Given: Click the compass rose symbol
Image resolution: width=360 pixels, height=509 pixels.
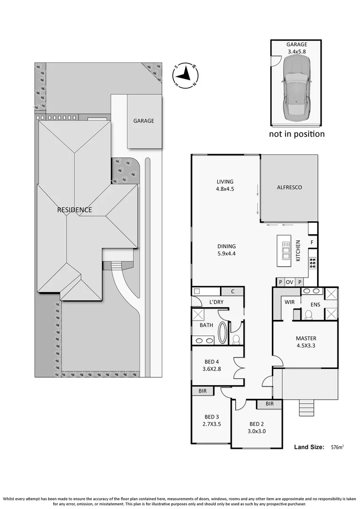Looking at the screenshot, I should [186, 75].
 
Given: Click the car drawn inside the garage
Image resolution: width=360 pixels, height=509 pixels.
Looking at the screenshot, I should [296, 85].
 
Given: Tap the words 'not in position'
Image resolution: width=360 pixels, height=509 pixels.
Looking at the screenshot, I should [296, 134].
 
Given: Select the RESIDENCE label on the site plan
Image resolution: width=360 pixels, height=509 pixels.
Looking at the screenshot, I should [74, 210].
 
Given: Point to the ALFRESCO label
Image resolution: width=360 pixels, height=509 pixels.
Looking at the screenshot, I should [289, 187].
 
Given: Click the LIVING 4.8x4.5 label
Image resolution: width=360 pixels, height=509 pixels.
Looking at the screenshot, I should [225, 185].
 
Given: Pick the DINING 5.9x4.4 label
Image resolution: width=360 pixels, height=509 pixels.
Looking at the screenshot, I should [226, 250].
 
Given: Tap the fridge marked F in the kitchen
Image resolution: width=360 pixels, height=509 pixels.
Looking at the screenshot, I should [312, 243].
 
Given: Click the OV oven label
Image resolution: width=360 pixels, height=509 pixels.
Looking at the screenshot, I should [290, 282].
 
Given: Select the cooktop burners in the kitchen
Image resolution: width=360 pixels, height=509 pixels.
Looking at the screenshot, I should [312, 263].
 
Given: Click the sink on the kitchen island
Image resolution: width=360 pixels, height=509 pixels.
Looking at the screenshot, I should [286, 250].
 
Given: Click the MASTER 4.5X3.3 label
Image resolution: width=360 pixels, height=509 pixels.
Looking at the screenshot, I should [306, 342].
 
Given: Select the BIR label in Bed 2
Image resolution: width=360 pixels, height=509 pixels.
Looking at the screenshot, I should [269, 404].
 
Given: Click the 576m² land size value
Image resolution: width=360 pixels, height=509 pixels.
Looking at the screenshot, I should [337, 446].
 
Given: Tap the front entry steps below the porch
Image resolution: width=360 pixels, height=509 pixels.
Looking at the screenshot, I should [307, 406].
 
